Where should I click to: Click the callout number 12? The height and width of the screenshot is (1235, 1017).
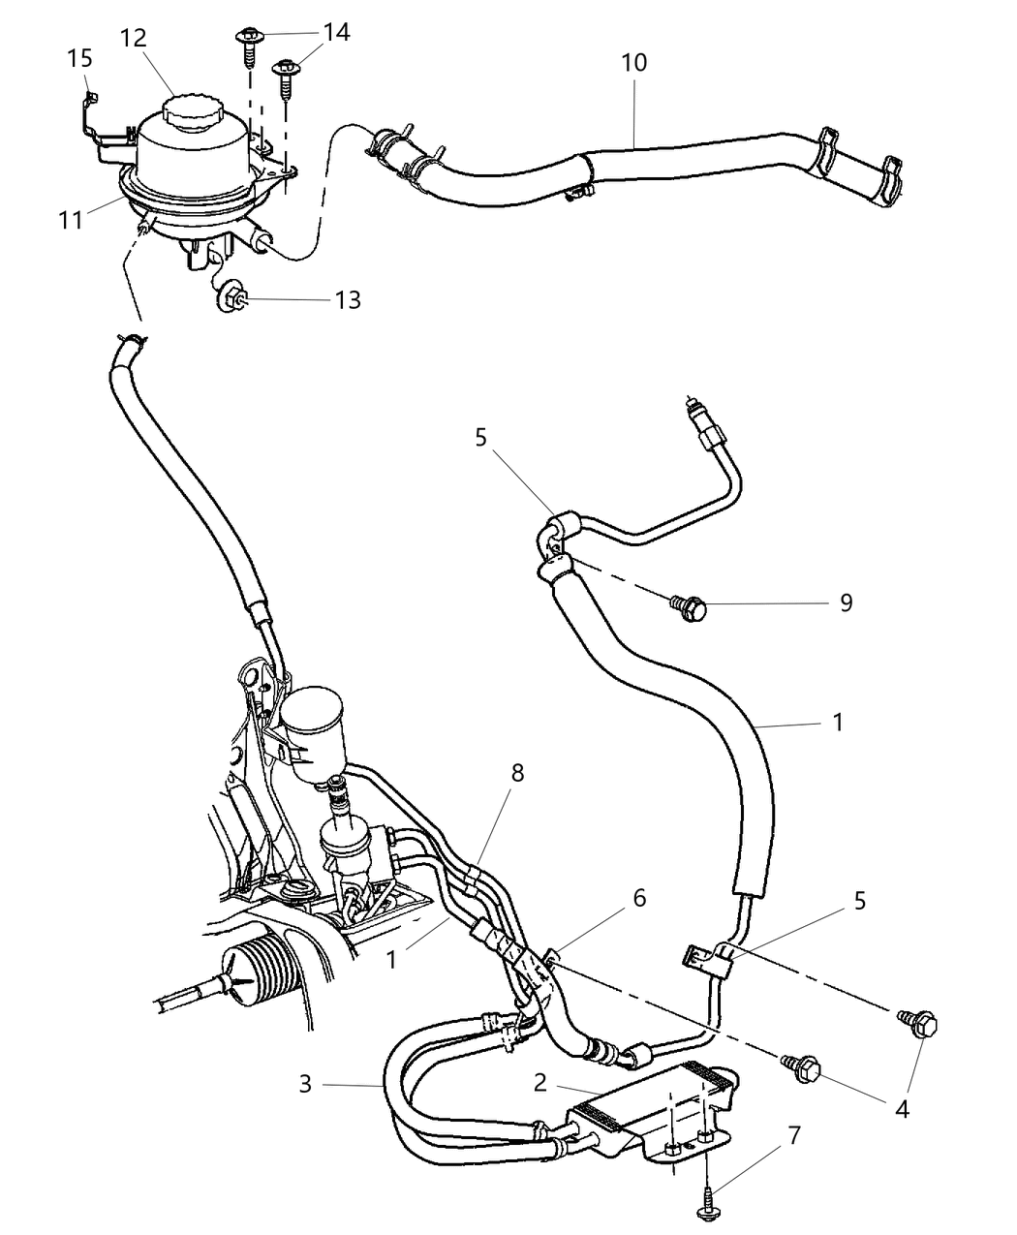pos(134,38)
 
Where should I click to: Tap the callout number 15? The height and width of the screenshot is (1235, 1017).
pos(80,59)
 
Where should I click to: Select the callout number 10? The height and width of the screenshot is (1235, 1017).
pos(634,63)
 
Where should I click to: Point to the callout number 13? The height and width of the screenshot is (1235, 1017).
pos(347,300)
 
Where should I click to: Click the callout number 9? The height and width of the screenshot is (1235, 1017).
pos(846,603)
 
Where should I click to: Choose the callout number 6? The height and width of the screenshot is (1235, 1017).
pos(638,899)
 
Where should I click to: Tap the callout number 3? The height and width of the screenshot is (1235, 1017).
pos(305,1084)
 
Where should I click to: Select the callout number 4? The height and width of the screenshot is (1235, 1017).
pos(902,1109)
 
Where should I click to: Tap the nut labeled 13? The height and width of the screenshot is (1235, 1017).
pos(231,297)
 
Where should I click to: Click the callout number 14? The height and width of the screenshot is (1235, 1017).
pos(336,32)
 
